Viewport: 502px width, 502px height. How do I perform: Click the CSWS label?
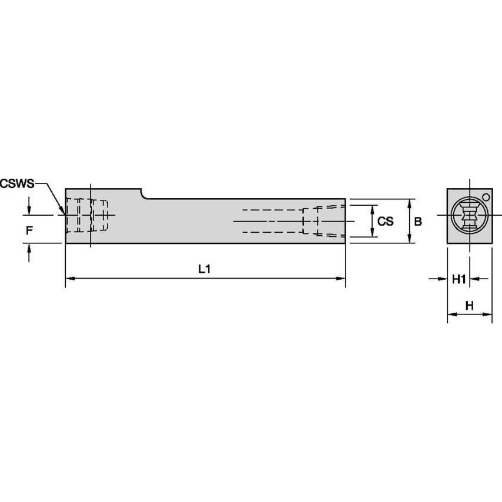coord(17,183)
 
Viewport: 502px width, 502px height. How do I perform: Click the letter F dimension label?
coord(29,231)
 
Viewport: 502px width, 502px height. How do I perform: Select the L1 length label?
coord(204,269)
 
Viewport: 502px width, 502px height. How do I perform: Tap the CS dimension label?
coord(385,222)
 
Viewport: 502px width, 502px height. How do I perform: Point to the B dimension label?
coord(418,222)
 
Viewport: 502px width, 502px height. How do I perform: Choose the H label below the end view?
coord(469,305)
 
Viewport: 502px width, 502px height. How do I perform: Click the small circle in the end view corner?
coord(486,196)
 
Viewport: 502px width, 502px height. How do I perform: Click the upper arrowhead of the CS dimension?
coord(373,209)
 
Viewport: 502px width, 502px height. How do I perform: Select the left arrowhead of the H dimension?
coord(451,314)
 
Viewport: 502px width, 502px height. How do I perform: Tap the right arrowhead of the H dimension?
coord(488,314)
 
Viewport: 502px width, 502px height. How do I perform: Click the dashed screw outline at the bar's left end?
coord(85,216)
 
